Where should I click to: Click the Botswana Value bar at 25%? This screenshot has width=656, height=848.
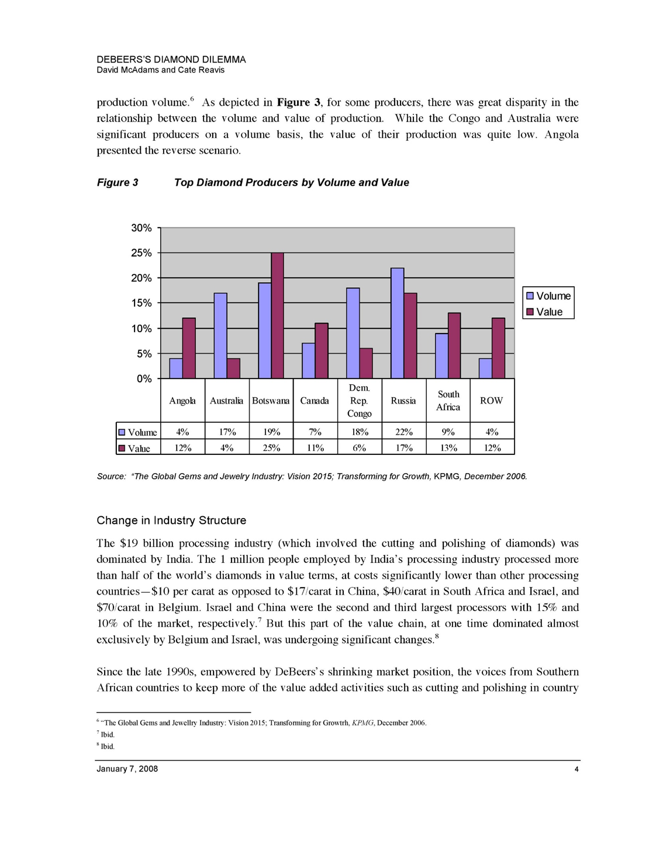(x=277, y=315)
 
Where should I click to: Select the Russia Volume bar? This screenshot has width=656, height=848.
(x=397, y=323)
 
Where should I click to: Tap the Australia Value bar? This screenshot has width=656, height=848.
(x=233, y=369)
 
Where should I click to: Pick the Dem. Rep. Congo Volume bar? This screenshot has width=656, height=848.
(x=353, y=333)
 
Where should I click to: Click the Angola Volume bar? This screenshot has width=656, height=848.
(x=176, y=369)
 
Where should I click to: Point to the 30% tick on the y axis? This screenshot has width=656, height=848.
(x=141, y=228)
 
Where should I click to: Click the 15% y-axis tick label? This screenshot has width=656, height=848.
(x=141, y=303)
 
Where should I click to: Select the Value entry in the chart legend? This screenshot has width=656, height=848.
(x=548, y=312)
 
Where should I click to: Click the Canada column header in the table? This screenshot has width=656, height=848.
(x=315, y=401)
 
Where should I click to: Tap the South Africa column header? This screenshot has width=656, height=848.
(x=448, y=401)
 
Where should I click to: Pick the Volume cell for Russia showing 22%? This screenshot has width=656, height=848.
(x=403, y=432)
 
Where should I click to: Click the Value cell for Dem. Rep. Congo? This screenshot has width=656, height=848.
(x=359, y=448)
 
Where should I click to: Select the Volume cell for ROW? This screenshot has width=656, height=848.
(x=492, y=432)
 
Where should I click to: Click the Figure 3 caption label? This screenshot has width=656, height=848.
(x=118, y=183)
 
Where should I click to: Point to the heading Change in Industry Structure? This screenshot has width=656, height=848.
(x=171, y=520)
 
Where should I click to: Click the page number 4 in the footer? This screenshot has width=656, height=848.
(x=576, y=769)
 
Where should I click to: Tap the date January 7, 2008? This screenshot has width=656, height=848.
(x=127, y=769)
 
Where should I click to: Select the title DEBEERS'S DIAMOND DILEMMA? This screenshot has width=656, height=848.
(x=171, y=60)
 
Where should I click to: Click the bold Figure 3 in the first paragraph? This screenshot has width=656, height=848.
(x=298, y=103)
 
